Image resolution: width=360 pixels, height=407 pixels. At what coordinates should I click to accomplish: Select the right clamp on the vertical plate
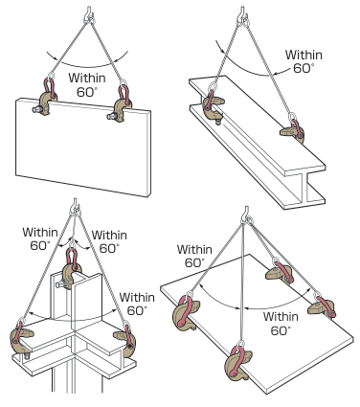(x=121, y=105)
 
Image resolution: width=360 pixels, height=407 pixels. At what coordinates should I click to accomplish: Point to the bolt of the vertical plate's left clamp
(x=35, y=109)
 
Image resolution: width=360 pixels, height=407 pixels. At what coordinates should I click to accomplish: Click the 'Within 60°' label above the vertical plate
(x=86, y=85)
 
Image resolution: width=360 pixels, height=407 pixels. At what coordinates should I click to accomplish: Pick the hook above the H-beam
(x=243, y=16)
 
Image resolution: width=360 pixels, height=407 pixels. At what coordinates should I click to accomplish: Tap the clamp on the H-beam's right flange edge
(x=293, y=130)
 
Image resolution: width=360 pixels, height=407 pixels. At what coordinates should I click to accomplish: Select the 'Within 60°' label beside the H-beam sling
(x=304, y=61)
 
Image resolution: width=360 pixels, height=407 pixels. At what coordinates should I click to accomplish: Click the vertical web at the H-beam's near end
(x=302, y=189)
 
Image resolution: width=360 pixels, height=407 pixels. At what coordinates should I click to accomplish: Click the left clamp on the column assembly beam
(x=22, y=339)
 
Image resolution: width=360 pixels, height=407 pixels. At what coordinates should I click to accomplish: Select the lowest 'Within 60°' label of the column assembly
(x=137, y=304)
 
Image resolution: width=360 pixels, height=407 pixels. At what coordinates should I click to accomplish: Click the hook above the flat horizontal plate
(x=247, y=215)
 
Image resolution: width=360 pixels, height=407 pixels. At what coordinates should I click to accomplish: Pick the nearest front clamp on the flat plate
(x=237, y=361)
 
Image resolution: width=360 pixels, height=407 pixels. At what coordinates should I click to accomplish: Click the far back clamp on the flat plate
(x=280, y=271)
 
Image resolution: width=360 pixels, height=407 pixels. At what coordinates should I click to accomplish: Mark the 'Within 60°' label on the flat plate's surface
(x=281, y=324)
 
